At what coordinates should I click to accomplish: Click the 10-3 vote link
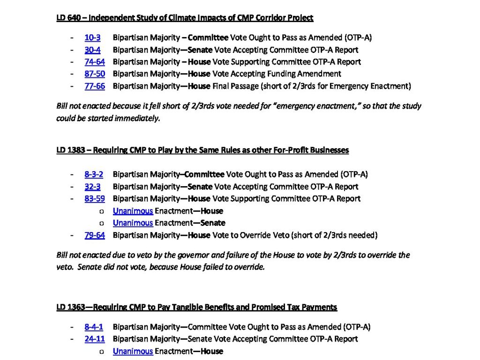point(92,37)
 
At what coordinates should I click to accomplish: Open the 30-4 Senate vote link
point(92,50)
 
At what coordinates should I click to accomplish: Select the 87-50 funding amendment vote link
point(95,74)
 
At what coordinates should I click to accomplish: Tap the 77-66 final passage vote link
point(95,86)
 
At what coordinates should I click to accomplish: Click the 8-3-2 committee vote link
point(94,174)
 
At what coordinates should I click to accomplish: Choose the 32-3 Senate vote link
point(92,187)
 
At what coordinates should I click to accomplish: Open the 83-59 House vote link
point(95,199)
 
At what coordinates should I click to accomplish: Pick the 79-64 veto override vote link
point(95,235)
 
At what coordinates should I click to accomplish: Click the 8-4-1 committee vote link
point(94,327)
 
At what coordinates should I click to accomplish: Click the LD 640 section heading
point(185,18)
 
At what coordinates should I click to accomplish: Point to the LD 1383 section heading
point(202,150)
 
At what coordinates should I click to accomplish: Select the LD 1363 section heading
point(196,307)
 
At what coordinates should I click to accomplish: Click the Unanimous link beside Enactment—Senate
point(133,223)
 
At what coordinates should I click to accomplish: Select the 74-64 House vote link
point(95,62)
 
